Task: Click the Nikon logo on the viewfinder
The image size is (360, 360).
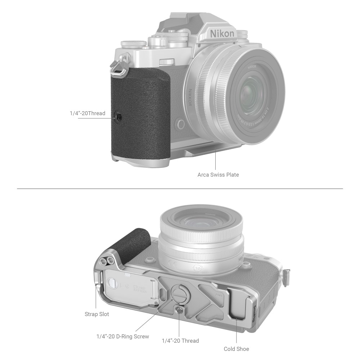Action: click(222, 34)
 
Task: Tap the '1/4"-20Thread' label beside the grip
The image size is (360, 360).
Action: click(87, 113)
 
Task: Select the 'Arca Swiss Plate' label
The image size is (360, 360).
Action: click(218, 175)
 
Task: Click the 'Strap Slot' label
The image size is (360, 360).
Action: click(96, 314)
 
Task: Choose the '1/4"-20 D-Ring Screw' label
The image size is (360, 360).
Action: click(123, 337)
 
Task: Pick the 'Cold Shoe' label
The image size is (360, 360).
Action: click(237, 349)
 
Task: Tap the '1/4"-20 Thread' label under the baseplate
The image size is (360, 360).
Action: click(180, 341)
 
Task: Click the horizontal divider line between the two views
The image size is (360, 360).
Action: click(180, 189)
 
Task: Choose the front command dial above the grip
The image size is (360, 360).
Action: click(166, 62)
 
